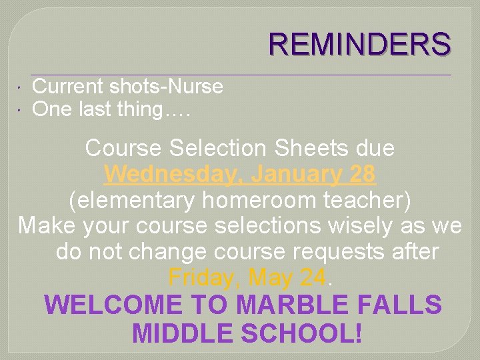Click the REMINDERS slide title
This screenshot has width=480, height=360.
(359, 45)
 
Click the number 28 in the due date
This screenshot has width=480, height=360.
(362, 175)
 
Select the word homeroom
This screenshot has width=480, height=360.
(251, 200)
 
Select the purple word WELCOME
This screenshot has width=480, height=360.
(113, 305)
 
